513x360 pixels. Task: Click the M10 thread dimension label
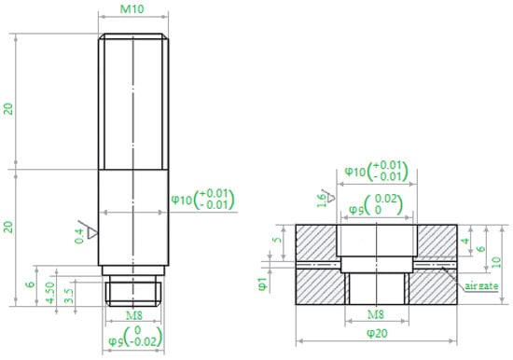132,8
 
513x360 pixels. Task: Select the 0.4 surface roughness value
79,236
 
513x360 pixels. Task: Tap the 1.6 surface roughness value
321,201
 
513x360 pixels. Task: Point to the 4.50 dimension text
50,293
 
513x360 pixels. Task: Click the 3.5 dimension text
69,296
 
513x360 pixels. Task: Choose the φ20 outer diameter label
377,333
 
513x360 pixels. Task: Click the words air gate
481,286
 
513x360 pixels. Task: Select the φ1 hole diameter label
263,284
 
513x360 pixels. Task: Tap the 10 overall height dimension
496,262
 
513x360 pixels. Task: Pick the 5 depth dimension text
277,240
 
